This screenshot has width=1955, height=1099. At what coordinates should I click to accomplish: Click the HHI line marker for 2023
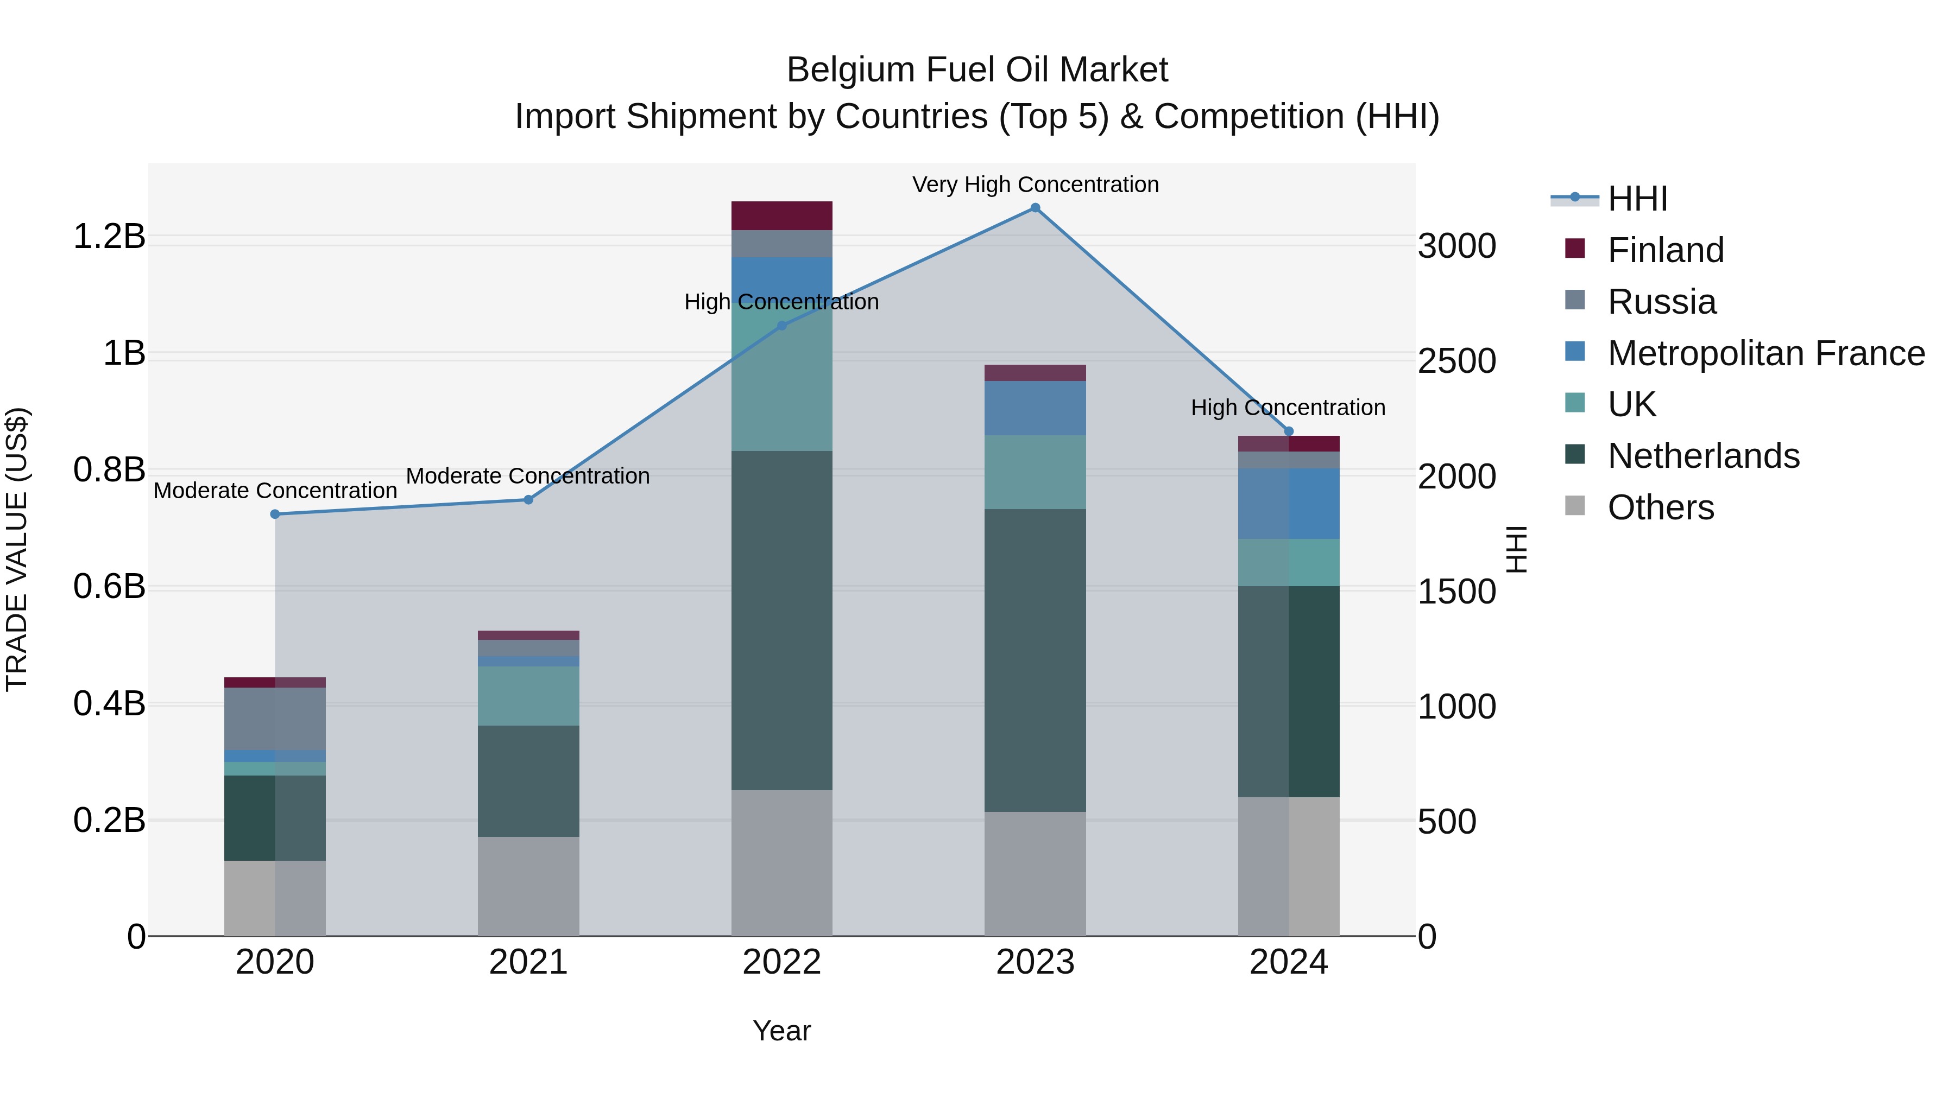[x=1035, y=208]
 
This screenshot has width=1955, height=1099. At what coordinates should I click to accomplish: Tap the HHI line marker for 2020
[x=275, y=514]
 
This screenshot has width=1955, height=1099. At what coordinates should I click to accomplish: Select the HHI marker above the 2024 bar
[x=1289, y=431]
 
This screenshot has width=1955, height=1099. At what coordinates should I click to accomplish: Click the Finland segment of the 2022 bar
[x=781, y=215]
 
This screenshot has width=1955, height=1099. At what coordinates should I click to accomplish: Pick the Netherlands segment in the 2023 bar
[x=1035, y=660]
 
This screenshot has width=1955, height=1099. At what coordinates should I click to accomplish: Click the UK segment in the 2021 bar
[x=528, y=696]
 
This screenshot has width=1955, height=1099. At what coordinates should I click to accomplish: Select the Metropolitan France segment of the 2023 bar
[x=1035, y=408]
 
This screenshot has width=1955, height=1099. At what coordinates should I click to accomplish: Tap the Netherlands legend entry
[x=1703, y=456]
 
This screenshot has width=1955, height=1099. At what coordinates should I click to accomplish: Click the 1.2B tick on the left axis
[x=109, y=237]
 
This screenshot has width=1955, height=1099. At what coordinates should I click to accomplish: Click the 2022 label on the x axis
[x=781, y=962]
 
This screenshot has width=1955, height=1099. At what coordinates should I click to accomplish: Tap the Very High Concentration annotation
[x=1035, y=185]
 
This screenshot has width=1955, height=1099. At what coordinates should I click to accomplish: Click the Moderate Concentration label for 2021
[x=528, y=477]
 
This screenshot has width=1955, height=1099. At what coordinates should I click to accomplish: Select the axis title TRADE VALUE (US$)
[x=17, y=549]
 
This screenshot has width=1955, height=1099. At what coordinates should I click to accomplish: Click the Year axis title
[x=781, y=1031]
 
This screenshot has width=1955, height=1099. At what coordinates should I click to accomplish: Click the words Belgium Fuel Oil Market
[x=977, y=70]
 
